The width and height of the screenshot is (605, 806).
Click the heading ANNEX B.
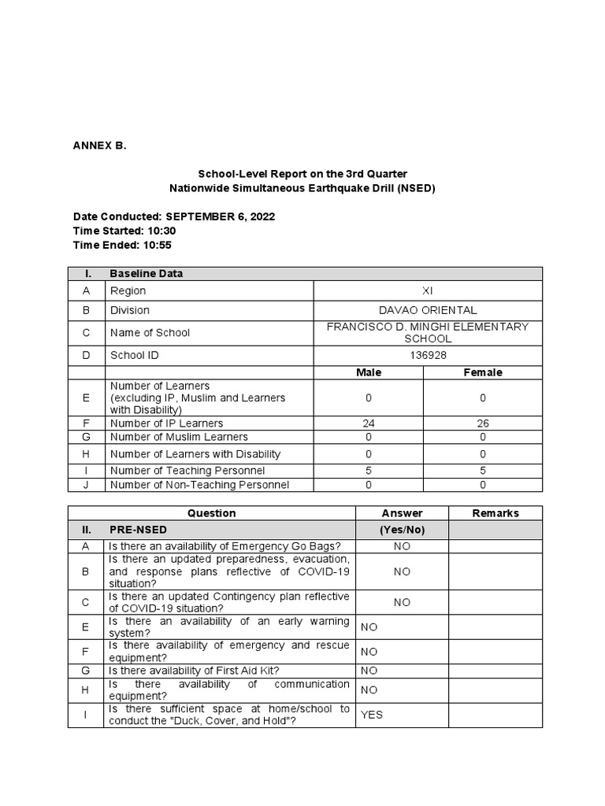point(99,146)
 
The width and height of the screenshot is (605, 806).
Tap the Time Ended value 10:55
point(157,245)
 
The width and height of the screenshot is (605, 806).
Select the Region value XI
point(428,291)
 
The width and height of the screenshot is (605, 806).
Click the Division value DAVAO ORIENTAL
point(428,310)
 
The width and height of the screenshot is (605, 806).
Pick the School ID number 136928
point(428,355)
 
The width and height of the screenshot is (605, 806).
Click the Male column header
point(368,372)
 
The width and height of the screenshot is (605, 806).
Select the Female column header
point(483,372)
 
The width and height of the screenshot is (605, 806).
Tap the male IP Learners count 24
point(368,423)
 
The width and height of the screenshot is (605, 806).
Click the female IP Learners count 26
point(483,423)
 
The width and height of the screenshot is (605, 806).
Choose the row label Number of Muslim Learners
point(179,437)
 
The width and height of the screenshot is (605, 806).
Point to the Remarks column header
point(496,513)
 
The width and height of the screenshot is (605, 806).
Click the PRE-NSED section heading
point(139,531)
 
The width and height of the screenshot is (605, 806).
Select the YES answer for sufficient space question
point(372,715)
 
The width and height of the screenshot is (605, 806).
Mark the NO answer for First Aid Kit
point(369,671)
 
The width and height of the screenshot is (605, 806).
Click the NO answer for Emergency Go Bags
point(402,546)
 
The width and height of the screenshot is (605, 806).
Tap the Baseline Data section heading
point(147,274)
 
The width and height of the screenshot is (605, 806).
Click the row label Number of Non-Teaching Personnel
point(199,485)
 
